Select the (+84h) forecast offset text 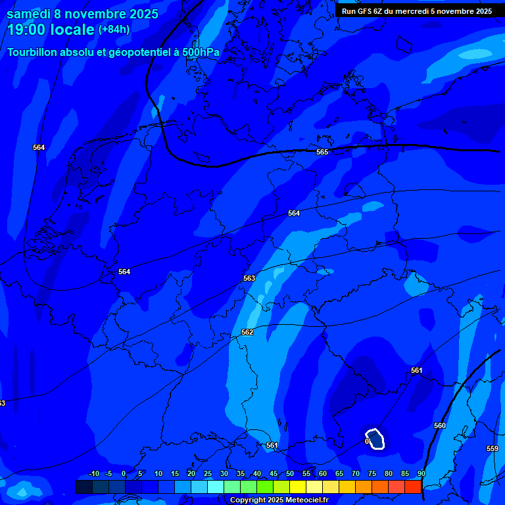pos(114,30)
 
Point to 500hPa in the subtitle pos(200,52)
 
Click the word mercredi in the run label pos(420,11)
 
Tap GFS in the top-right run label pos(365,11)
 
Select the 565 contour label pos(322,152)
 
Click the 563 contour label pos(249,278)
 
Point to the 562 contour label pos(247,332)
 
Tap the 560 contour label pos(440,425)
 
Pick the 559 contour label pos(493,448)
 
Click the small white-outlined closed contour pos(375,439)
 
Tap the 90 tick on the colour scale pos(421,473)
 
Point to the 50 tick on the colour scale pos(290,473)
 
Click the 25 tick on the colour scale pos(208,473)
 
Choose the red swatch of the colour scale pos(413,487)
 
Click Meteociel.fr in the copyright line pos(306,500)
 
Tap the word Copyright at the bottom pos(249,500)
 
